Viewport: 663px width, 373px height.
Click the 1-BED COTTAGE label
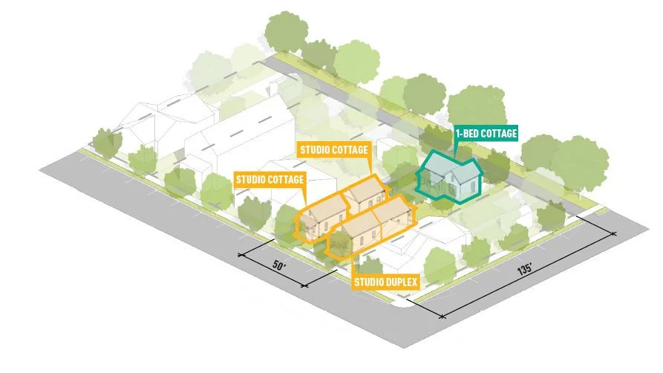486,134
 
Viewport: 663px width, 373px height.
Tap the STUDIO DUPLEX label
385,282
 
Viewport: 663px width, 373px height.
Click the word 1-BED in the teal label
468,134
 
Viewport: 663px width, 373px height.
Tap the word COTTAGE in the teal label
499,134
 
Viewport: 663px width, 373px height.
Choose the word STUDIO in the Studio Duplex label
368,282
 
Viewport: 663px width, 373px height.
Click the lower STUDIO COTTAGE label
270,179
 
